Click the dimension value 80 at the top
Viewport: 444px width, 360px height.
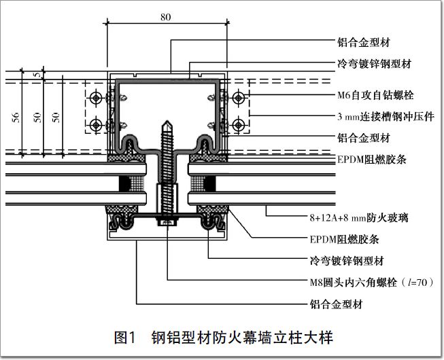point(166,17)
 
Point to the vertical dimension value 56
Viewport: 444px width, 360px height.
point(15,116)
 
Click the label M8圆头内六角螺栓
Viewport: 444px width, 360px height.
point(366,281)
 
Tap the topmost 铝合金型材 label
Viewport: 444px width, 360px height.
point(363,41)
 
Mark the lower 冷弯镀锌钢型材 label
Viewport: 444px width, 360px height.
point(345,260)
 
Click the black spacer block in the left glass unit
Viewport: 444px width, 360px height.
point(125,184)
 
